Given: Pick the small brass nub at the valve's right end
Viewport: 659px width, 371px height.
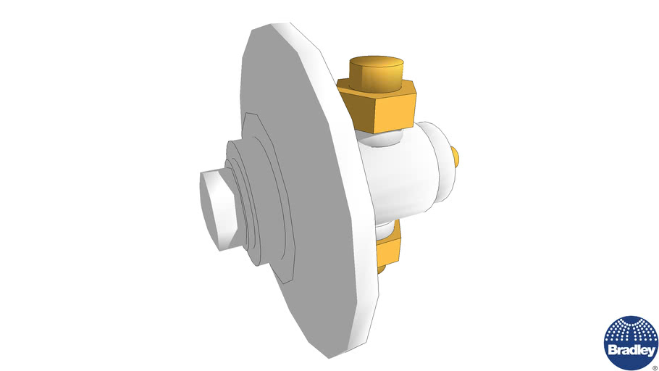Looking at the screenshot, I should (x=456, y=156).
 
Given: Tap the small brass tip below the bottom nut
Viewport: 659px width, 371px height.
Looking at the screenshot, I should (x=382, y=270).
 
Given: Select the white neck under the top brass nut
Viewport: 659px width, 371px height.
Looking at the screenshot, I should (x=384, y=139).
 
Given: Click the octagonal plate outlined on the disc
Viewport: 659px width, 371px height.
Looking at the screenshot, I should (x=279, y=181).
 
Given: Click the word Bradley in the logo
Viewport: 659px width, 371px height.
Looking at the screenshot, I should (x=631, y=349).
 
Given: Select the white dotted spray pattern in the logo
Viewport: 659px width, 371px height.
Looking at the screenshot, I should (x=631, y=331).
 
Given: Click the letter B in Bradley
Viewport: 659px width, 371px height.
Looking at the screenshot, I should (x=613, y=349).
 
